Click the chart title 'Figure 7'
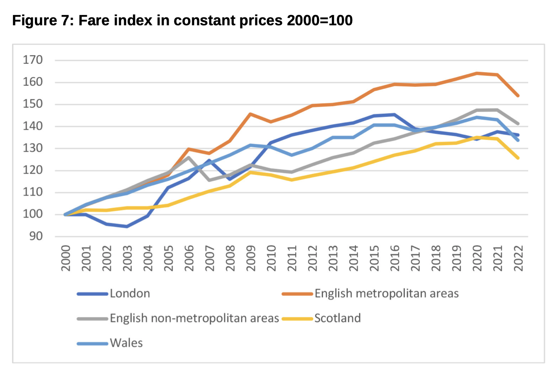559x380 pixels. pyautogui.click(x=182, y=20)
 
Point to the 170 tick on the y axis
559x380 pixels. pyautogui.click(x=33, y=60)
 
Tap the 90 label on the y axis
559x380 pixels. pyautogui.click(x=36, y=236)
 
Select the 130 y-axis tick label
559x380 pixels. pyautogui.click(x=33, y=148)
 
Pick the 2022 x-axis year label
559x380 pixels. pyautogui.click(x=518, y=258)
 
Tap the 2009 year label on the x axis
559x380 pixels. pyautogui.click(x=251, y=258)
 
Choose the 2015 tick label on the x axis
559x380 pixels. pyautogui.click(x=374, y=258)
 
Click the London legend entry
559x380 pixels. pyautogui.click(x=130, y=294)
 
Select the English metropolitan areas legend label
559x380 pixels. pyautogui.click(x=386, y=294)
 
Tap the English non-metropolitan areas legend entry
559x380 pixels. pyautogui.click(x=194, y=318)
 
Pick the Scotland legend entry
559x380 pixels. pyautogui.click(x=337, y=318)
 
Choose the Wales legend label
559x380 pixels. pyautogui.click(x=126, y=343)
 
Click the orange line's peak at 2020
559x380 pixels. pyautogui.click(x=477, y=73)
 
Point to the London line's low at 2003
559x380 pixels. pyautogui.click(x=127, y=227)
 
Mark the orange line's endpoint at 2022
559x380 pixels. pyautogui.click(x=518, y=96)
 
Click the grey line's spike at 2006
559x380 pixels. pyautogui.click(x=189, y=158)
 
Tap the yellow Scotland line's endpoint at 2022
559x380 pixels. pyautogui.click(x=518, y=158)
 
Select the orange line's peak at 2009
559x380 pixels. pyautogui.click(x=250, y=114)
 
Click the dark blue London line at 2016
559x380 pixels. pyautogui.click(x=395, y=114)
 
